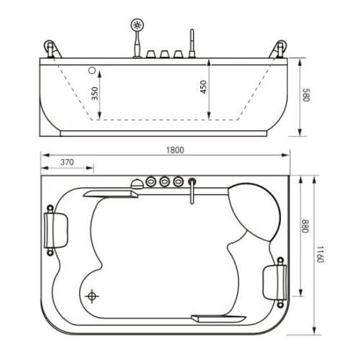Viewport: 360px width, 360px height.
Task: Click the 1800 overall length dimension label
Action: pyautogui.click(x=175, y=150)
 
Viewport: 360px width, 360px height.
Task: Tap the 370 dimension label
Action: pyautogui.click(x=67, y=163)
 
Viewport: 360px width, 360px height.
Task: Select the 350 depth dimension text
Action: pyautogui.click(x=95, y=94)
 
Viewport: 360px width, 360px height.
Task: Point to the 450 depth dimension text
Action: pyautogui.click(x=203, y=87)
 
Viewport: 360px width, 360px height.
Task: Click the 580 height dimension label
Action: pyautogui.click(x=306, y=95)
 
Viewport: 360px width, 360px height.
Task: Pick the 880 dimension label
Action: pyautogui.click(x=305, y=226)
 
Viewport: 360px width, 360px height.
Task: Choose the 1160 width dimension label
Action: pyautogui.click(x=320, y=254)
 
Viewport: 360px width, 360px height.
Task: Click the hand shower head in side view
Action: pyautogui.click(x=137, y=25)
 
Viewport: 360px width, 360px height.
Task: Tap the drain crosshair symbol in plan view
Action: pyautogui.click(x=92, y=296)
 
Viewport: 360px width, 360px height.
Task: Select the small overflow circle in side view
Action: pyautogui.click(x=92, y=71)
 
